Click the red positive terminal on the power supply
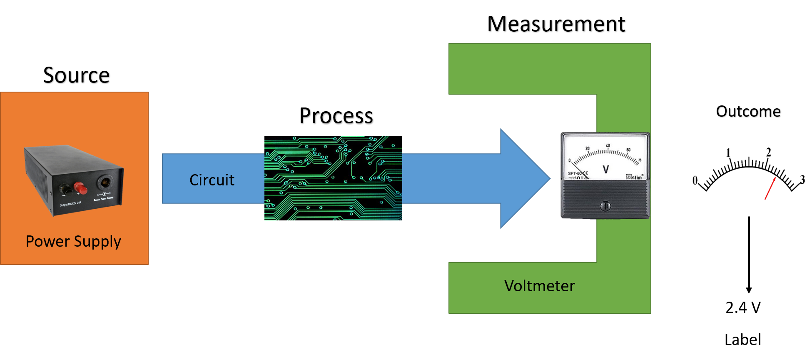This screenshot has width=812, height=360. pos(80,188)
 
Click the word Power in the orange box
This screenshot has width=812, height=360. pos(47,242)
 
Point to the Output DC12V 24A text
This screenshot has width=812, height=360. pos(70,204)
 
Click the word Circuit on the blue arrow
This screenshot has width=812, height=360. pos(212,180)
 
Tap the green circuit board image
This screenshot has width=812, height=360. pos(333,178)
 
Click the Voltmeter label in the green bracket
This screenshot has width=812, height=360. pos(539,286)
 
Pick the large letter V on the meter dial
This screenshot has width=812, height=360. pos(605,169)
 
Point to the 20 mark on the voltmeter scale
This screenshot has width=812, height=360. pos(588,149)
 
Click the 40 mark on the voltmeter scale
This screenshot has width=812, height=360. pos(608,145)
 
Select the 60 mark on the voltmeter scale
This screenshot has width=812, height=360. pos(628,150)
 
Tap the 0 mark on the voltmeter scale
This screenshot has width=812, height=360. pos(570,160)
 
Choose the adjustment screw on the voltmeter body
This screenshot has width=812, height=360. pos(605,205)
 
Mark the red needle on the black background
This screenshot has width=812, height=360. pos(770,189)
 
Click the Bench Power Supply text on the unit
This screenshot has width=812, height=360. pos(103,199)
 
